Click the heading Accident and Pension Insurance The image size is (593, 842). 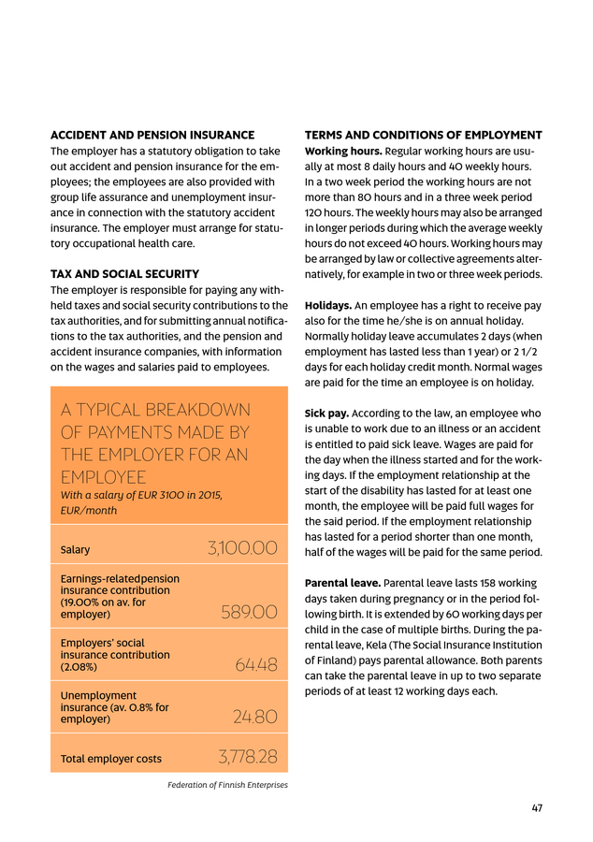[152, 136]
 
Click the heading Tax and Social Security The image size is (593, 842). [124, 274]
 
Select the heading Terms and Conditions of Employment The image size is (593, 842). [424, 136]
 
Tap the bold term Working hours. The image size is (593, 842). [343, 152]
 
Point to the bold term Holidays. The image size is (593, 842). [328, 305]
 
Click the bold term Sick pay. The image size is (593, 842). [328, 413]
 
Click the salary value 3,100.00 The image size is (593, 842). [242, 548]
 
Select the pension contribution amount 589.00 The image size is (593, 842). [249, 613]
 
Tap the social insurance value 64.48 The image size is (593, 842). [256, 666]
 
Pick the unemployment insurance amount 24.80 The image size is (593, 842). [254, 718]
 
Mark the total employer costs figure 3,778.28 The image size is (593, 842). [247, 757]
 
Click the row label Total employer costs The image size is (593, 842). [110, 759]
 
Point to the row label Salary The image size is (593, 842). [75, 550]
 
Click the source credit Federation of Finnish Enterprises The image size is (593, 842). [227, 785]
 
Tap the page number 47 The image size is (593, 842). [537, 808]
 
